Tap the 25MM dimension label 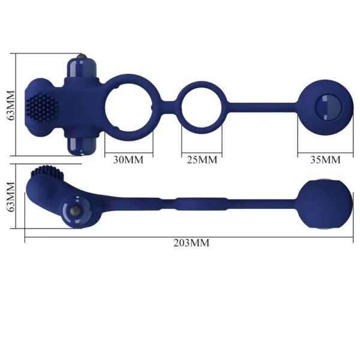[202, 160]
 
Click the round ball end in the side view [324, 203]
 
